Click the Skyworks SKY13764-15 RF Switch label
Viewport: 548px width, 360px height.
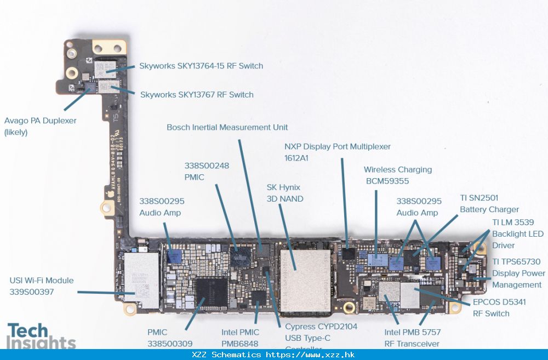201,66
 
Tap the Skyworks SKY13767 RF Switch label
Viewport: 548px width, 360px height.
196,95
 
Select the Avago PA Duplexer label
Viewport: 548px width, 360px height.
40,126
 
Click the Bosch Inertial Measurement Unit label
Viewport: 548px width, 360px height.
227,127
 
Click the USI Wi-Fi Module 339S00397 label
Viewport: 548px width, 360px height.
41,286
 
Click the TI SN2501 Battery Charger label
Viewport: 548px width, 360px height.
489,203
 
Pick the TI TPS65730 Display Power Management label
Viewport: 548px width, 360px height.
518,273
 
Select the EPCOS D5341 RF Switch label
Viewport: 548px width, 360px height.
499,308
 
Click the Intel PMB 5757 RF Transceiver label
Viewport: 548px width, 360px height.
412,338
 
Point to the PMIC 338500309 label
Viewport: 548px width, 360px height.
169,338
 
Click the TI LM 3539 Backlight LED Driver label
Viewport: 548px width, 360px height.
517,234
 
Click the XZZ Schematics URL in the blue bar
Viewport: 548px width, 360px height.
273,355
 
